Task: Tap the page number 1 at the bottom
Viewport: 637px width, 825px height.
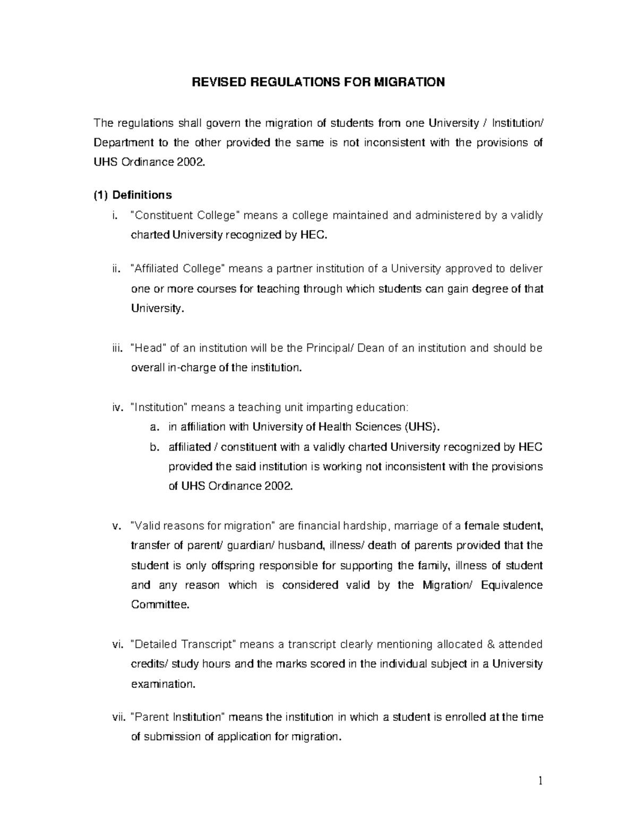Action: [540, 781]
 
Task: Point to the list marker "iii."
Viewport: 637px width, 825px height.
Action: [117, 348]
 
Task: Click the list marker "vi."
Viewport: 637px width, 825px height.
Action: [117, 644]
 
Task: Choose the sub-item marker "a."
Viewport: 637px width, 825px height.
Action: [154, 427]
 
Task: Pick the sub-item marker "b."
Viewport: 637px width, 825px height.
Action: [154, 447]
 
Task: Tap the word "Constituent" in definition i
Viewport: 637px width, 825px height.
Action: [165, 215]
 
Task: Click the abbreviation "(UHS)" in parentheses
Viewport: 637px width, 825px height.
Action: [421, 427]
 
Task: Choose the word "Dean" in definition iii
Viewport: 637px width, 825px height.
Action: [371, 348]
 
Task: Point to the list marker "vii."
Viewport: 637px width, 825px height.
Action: [119, 717]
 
